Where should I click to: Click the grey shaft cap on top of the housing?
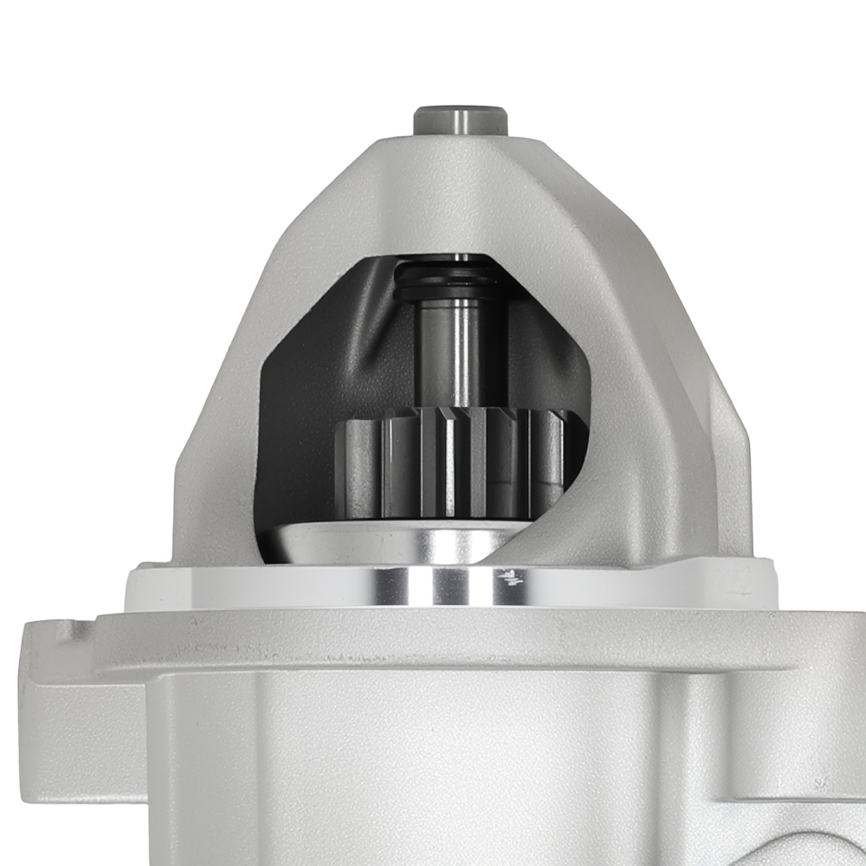click(460, 120)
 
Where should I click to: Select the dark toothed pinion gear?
click(450, 463)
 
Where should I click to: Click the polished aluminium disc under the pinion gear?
click(390, 544)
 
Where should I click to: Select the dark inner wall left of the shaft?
click(346, 346)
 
